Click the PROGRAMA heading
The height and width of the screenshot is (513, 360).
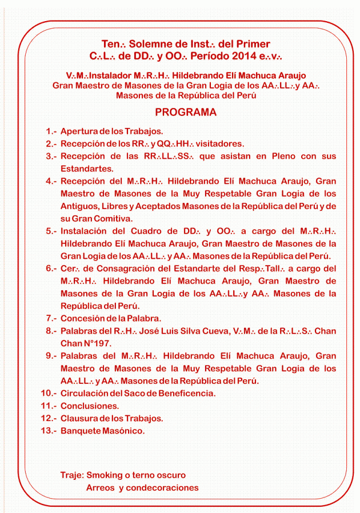coord(186,113)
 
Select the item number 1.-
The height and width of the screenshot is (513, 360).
coord(51,131)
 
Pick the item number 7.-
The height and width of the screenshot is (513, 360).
coord(51,318)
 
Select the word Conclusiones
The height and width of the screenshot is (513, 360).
coord(90,406)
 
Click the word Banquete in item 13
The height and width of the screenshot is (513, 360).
coord(80,431)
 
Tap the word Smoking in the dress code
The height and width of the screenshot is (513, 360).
coord(107,475)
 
